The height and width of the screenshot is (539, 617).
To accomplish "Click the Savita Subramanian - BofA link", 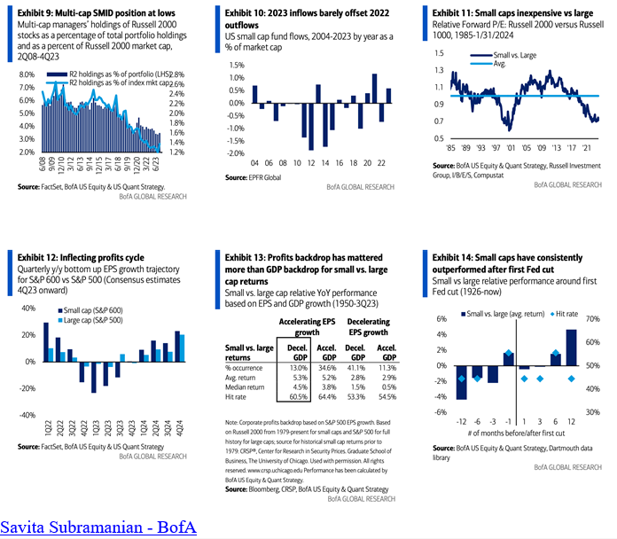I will (x=98, y=527).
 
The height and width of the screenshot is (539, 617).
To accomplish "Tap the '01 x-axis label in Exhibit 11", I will (x=509, y=148).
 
